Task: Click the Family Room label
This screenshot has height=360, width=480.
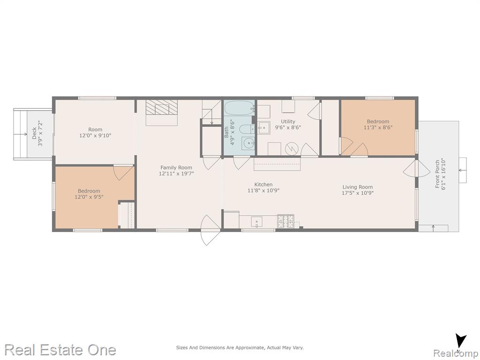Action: (176, 167)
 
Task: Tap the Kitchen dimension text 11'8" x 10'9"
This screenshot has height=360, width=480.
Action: (263, 190)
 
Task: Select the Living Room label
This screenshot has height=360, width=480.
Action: (358, 187)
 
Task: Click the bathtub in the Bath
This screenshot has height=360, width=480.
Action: (240, 108)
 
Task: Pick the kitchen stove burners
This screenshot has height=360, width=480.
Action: (285, 221)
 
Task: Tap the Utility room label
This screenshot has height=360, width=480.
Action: (288, 121)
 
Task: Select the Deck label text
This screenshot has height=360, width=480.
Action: (34, 133)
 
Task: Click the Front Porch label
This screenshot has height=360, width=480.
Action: (438, 174)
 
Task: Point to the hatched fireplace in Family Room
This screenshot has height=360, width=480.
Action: (162, 107)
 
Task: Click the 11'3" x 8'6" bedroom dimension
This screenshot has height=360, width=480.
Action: (378, 127)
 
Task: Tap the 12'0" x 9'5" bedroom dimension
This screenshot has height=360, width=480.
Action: (89, 197)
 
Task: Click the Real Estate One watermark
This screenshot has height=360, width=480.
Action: (60, 350)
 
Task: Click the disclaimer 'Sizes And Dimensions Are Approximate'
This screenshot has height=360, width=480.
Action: (219, 347)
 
